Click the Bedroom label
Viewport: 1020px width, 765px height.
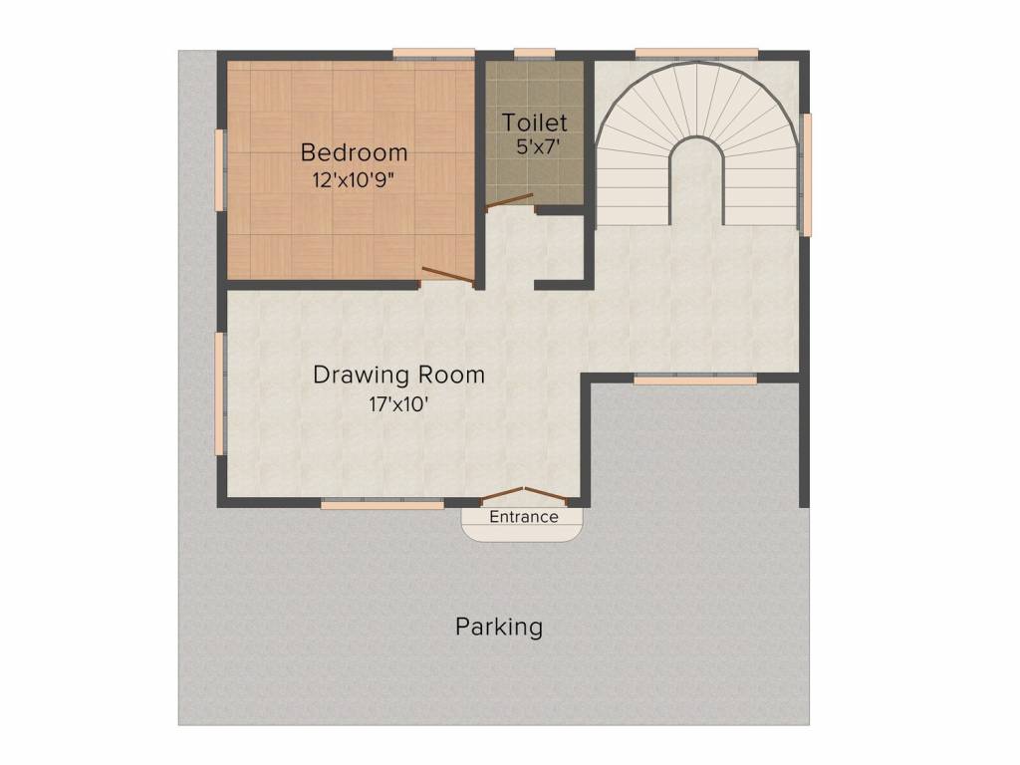point(354,152)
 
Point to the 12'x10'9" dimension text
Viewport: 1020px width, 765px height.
point(354,182)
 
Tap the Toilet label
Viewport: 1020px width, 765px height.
point(535,123)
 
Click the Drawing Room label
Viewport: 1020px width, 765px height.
point(398,375)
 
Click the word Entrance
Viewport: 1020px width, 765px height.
point(524,517)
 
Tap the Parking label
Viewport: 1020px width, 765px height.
point(499,627)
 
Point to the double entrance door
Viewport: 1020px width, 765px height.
point(524,494)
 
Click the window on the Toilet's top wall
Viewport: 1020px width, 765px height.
point(535,54)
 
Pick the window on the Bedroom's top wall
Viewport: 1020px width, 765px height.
point(433,54)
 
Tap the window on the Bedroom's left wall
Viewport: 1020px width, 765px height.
point(221,169)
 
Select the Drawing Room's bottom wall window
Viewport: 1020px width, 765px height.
point(382,505)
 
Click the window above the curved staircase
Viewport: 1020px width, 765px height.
point(696,54)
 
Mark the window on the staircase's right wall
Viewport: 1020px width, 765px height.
point(807,174)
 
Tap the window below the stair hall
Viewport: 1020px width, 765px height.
point(695,380)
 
